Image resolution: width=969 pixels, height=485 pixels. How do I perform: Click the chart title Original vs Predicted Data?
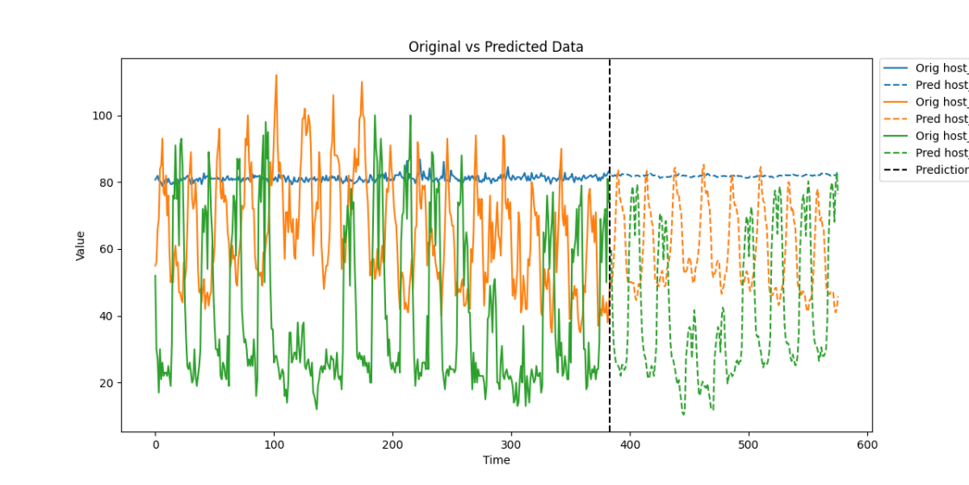coord(496,47)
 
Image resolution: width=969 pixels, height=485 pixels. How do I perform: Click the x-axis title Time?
coord(496,460)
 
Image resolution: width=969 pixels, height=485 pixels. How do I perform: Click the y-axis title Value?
coord(80,246)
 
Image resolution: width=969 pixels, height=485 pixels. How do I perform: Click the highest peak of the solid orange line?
coord(276,75)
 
